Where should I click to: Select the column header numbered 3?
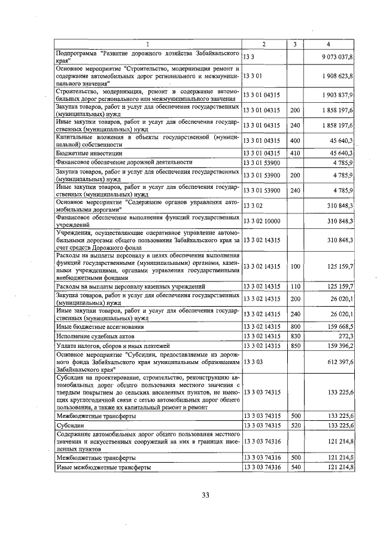click(294, 44)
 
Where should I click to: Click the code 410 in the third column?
click(294, 153)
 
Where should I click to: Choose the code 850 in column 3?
click(294, 346)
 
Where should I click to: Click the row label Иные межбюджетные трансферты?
click(102, 466)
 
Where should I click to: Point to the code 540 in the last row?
click(294, 466)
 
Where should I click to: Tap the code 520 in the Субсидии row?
click(294, 424)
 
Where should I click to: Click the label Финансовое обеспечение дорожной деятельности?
click(124, 162)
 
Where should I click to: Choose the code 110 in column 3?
click(294, 287)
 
